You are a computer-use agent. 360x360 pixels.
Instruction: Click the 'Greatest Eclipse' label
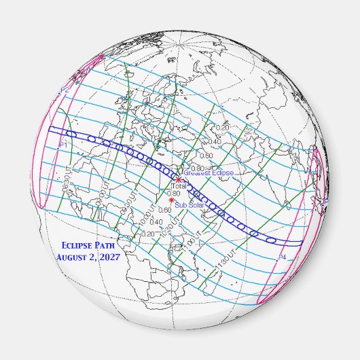pyautogui.click(x=209, y=173)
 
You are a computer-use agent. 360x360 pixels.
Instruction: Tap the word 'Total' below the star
pyautogui.click(x=179, y=186)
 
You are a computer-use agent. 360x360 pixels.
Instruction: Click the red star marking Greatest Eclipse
pyautogui.click(x=178, y=179)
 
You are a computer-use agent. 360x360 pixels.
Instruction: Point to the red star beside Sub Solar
pyautogui.click(x=171, y=200)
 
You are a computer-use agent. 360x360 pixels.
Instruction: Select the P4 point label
pyautogui.click(x=283, y=257)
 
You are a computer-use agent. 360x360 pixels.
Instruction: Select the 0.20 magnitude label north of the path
pyautogui.click(x=222, y=128)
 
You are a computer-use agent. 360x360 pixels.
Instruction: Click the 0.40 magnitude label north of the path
pyautogui.click(x=215, y=141)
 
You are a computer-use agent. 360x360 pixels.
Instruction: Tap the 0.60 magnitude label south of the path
pyautogui.click(x=164, y=211)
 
